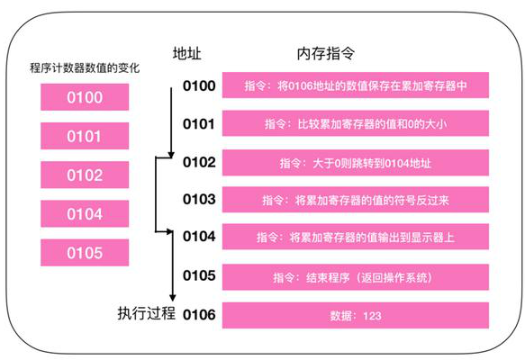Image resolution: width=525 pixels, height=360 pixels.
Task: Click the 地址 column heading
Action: tap(186, 53)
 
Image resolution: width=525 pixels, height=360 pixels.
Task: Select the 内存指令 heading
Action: tap(326, 53)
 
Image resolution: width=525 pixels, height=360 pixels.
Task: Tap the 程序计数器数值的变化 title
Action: tap(85, 67)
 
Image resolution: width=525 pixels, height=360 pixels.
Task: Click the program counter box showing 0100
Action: tap(85, 97)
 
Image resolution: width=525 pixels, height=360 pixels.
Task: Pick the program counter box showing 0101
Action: tap(85, 136)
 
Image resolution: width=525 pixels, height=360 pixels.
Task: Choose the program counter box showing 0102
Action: tap(85, 175)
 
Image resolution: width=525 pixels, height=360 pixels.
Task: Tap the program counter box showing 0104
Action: tap(85, 214)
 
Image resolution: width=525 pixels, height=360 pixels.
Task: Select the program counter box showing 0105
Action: tap(85, 253)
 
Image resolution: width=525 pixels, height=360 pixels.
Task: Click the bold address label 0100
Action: tap(199, 85)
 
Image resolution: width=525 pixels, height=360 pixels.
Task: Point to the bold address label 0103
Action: tap(199, 199)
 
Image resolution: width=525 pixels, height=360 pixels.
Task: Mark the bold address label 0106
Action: tap(199, 314)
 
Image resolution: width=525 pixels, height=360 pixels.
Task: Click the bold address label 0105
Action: tap(199, 275)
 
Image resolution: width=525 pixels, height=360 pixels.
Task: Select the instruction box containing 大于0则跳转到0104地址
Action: tap(356, 163)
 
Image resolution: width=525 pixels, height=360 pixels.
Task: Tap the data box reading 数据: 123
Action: tap(356, 316)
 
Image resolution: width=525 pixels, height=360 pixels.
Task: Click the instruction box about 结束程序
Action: tap(356, 277)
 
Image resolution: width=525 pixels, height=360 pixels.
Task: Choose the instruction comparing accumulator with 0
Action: tap(356, 123)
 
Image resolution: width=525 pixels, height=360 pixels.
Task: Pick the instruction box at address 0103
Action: tap(356, 200)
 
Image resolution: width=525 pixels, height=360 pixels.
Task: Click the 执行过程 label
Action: tap(146, 313)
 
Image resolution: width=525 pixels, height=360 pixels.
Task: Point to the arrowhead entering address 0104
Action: tap(170, 231)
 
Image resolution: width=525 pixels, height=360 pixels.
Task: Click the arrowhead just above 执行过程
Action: tap(172, 298)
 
